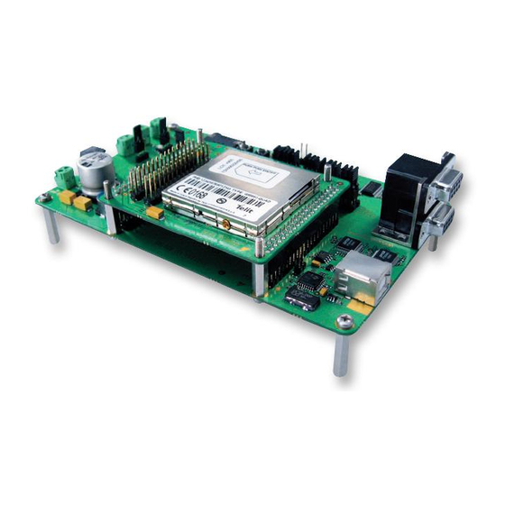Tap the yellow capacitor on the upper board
click(x=155, y=214)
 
